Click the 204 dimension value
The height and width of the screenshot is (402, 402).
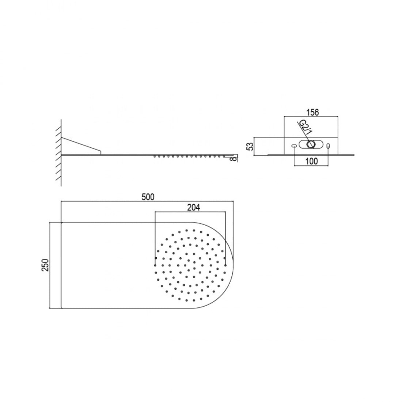click(193, 207)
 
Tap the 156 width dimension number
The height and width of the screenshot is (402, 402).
click(313, 112)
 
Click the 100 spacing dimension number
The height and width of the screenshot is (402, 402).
click(311, 161)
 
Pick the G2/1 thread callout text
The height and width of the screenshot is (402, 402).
click(304, 129)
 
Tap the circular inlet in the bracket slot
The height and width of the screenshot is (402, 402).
click(311, 144)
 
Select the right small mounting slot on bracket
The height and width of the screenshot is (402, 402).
click(328, 146)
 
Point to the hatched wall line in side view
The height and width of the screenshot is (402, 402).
click(59, 153)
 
